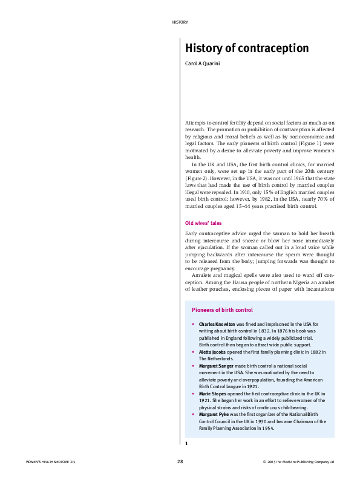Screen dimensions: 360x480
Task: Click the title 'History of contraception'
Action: tap(246, 48)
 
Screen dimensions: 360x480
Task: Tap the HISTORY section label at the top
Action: tap(180, 22)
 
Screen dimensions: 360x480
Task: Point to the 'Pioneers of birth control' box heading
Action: tap(222, 310)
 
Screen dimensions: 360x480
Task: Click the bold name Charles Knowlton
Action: tap(217, 324)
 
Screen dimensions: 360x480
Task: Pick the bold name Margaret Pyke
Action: tap(215, 415)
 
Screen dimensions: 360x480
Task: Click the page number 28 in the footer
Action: tap(180, 461)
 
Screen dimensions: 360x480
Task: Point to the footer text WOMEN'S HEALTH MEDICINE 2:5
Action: tap(50, 462)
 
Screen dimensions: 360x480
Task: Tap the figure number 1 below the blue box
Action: tap(186, 443)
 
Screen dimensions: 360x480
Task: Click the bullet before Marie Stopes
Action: tap(192, 394)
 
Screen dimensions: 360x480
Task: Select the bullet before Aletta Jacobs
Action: tap(192, 352)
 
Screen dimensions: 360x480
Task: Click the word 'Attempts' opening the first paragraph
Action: tap(195, 123)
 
